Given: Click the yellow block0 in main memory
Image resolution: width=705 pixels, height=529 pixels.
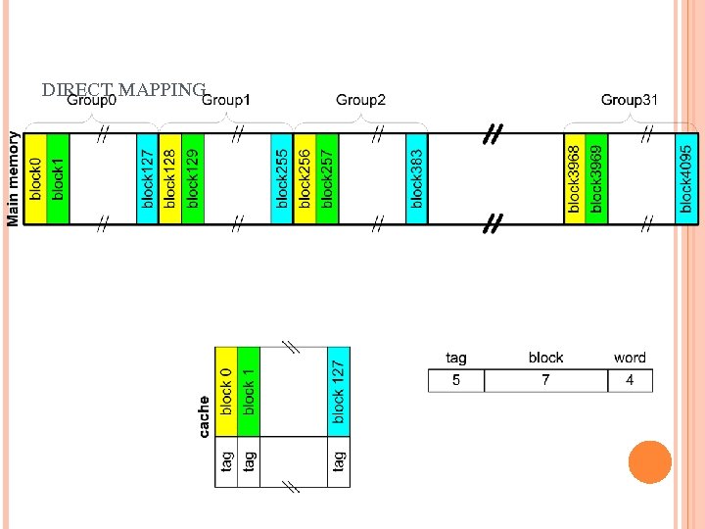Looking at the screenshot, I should [x=35, y=179].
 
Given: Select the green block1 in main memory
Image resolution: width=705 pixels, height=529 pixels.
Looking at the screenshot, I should [x=58, y=179].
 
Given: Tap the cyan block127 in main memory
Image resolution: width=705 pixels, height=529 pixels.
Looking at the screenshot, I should [x=147, y=179].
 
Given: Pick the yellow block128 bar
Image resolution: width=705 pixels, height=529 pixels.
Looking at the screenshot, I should [x=169, y=179].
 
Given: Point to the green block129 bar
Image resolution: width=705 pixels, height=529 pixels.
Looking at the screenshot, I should [x=192, y=179].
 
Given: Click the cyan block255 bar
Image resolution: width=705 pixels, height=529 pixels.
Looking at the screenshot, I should [x=282, y=179].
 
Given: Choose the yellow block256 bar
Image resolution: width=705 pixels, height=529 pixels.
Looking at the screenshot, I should [x=305, y=179].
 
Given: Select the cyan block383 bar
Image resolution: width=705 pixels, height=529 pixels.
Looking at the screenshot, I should [x=417, y=179].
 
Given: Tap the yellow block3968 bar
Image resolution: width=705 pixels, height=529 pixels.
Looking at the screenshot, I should [x=575, y=179].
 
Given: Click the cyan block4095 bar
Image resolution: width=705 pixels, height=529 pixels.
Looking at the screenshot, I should [x=687, y=179].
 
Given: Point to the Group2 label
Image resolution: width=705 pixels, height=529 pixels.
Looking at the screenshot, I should [x=360, y=100].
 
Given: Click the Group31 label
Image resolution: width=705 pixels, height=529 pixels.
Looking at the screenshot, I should [x=629, y=100].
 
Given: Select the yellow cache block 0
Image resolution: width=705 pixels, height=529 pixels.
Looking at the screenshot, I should [x=226, y=391].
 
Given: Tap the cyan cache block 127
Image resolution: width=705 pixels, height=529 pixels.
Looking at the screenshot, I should [x=339, y=391].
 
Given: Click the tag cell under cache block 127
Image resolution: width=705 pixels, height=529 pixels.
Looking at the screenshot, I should [x=339, y=460].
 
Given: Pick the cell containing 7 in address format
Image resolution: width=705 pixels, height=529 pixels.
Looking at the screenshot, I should [x=545, y=380].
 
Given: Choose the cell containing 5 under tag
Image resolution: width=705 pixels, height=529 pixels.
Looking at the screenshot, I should [x=456, y=380].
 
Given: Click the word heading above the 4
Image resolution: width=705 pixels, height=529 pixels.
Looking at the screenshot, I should [x=630, y=358].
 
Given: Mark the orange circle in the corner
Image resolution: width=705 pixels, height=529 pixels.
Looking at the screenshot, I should [x=649, y=462].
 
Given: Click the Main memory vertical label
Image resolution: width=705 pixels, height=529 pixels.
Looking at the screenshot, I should [x=14, y=179].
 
